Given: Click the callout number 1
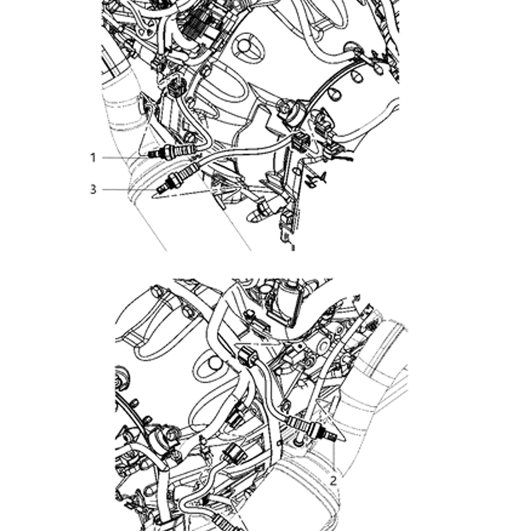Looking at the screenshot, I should [93, 158].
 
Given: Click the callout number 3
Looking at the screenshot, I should [93, 190].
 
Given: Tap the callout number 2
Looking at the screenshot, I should [333, 480].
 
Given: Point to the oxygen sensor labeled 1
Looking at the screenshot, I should [172, 152].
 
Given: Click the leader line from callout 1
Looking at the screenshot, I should [123, 158].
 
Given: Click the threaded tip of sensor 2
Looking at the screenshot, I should [332, 436].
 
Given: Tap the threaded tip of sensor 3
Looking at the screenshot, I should [161, 188].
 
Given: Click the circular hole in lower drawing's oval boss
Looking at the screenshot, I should [214, 363].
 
